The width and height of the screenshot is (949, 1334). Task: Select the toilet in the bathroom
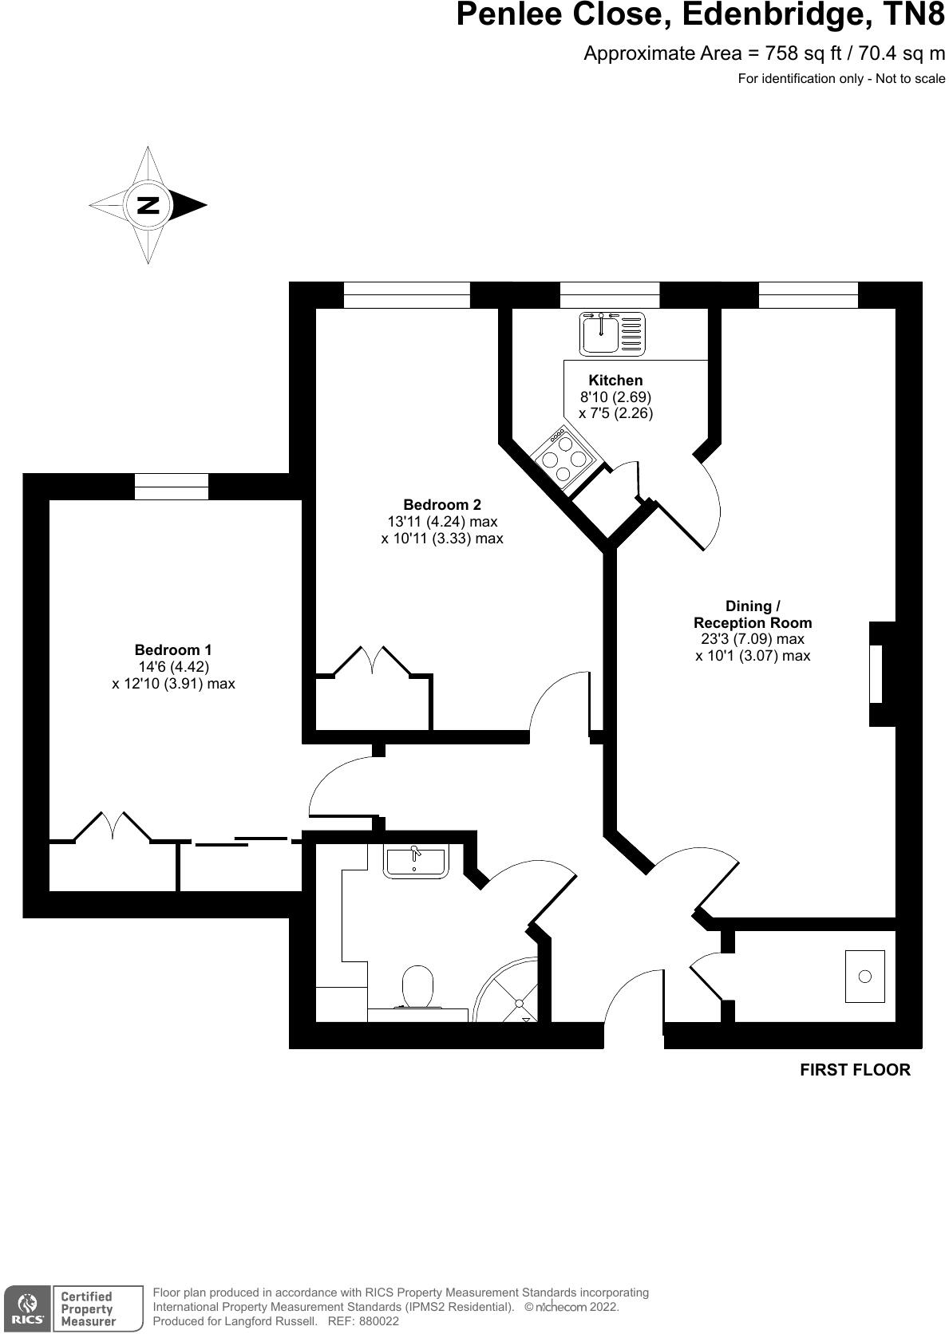tap(418, 987)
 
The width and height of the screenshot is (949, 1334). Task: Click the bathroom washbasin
tap(415, 862)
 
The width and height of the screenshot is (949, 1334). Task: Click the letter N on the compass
tap(147, 205)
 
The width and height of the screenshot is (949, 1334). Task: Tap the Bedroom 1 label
tap(173, 650)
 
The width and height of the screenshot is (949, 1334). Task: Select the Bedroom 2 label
tap(442, 504)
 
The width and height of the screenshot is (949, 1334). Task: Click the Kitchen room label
tap(615, 381)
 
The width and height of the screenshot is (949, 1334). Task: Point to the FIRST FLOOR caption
tap(855, 1070)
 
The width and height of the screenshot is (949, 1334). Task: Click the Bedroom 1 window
tap(172, 486)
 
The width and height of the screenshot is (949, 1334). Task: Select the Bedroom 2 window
tap(407, 294)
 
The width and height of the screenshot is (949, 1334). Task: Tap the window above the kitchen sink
tap(610, 294)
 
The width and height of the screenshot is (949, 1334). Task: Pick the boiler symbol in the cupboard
tap(865, 976)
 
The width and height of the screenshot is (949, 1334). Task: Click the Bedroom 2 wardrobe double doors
tap(374, 661)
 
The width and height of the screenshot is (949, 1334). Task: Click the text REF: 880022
tap(363, 1321)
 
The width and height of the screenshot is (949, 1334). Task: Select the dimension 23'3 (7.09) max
tap(753, 639)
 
